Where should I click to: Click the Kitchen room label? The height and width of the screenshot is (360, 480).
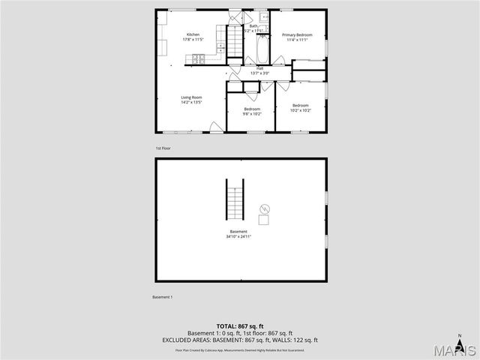click(193, 35)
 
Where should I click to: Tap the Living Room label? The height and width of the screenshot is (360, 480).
click(191, 97)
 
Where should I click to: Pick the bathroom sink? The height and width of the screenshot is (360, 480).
click(264, 16)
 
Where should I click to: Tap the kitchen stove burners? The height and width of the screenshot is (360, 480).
click(198, 58)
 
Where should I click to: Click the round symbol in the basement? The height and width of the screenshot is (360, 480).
click(263, 207)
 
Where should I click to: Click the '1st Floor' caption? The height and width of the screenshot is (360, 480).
click(163, 148)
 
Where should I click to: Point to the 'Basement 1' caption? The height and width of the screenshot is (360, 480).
click(162, 297)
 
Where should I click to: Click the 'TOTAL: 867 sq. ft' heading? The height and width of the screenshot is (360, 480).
click(238, 325)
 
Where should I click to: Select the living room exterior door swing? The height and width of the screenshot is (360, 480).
click(216, 128)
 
